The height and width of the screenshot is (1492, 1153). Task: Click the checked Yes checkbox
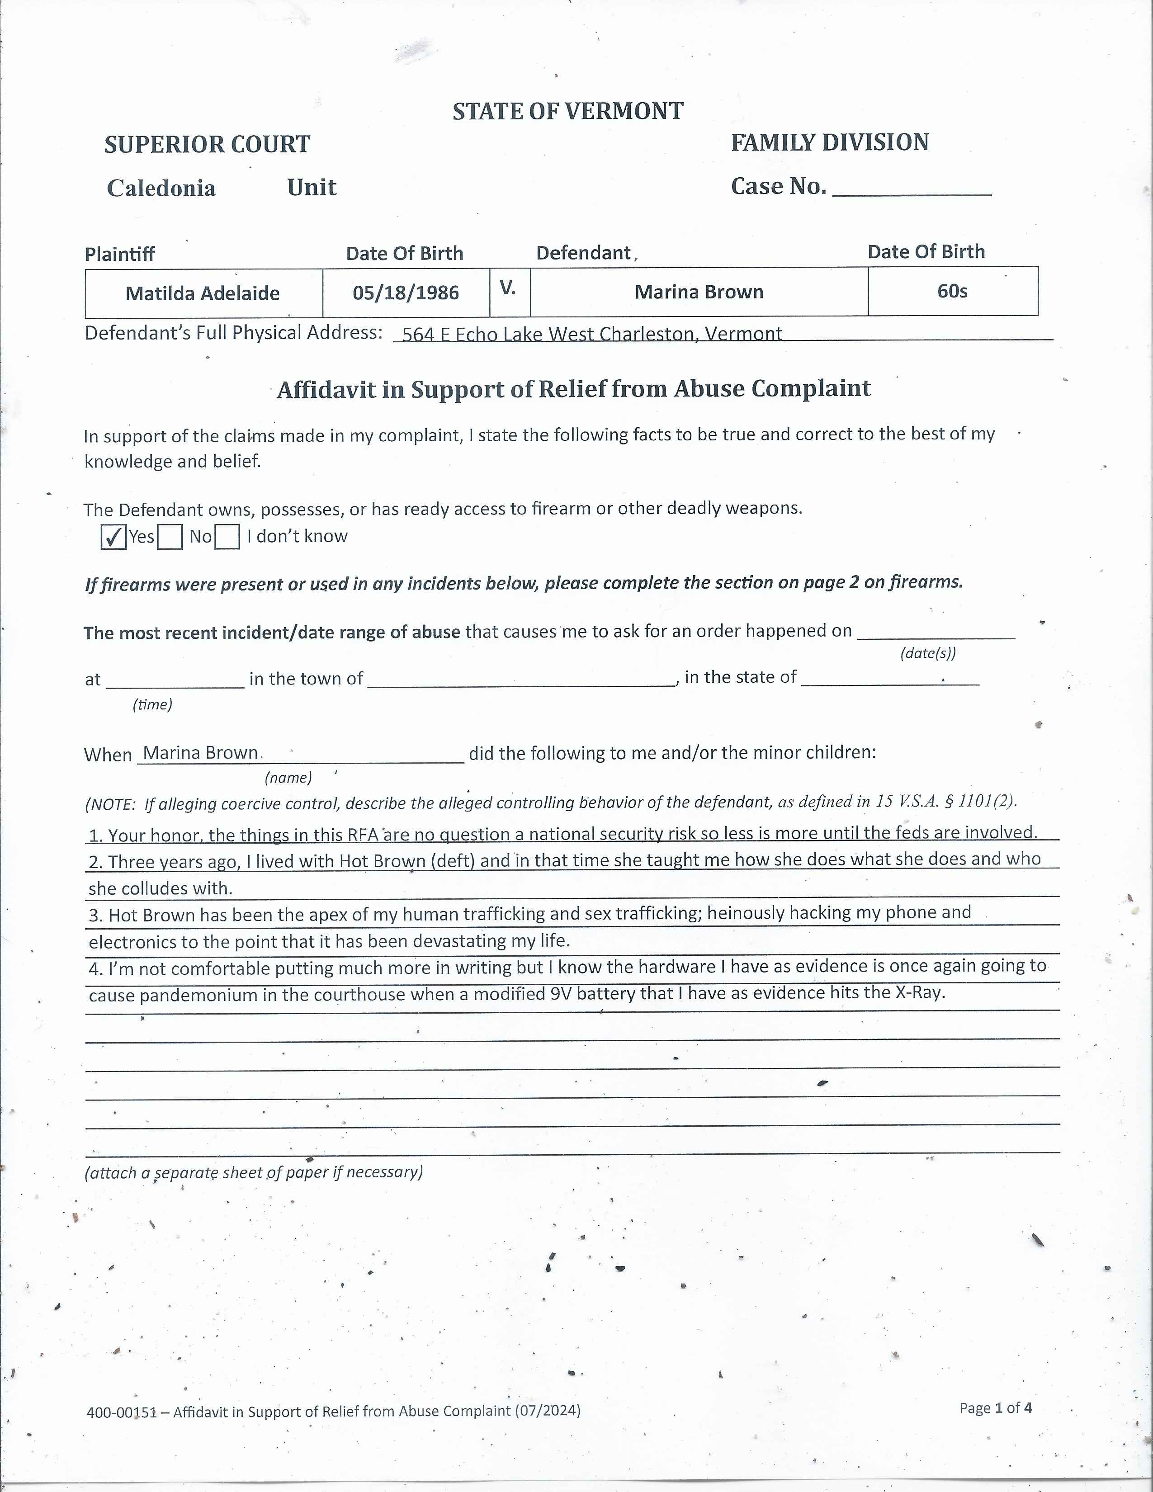tap(113, 537)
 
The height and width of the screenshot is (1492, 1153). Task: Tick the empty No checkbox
tap(170, 537)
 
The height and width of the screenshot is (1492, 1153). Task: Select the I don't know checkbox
tap(227, 537)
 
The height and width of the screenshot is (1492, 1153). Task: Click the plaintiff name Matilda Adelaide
tap(203, 293)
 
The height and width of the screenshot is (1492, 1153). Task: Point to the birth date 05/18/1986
tap(406, 293)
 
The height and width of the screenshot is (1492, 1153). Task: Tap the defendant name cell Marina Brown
tap(699, 292)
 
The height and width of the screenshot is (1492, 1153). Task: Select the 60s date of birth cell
tap(952, 291)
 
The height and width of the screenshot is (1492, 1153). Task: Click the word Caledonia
tap(161, 188)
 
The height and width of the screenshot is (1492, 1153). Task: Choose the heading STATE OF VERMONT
tap(567, 111)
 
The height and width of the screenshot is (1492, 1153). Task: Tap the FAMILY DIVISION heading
tap(829, 142)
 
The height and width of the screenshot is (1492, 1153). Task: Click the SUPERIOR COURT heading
tap(207, 144)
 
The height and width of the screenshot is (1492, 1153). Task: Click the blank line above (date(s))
tap(936, 632)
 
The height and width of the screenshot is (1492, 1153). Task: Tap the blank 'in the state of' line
tap(889, 678)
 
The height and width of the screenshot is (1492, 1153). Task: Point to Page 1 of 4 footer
tap(995, 1407)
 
